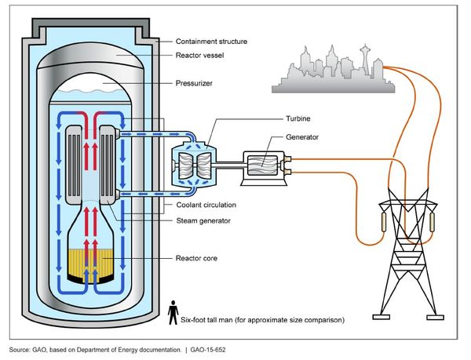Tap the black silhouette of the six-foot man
[173, 312]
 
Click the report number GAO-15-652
[207, 347]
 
